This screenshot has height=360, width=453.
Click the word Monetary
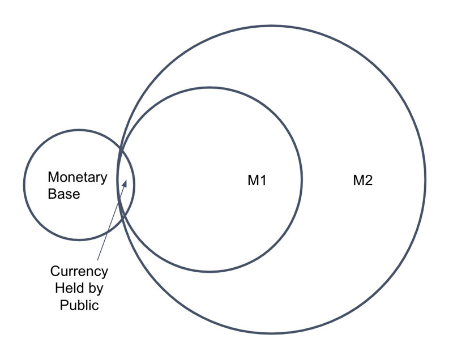click(78, 177)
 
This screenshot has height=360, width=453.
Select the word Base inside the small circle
click(64, 194)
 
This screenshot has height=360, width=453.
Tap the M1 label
click(257, 181)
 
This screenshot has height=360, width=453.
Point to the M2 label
click(363, 181)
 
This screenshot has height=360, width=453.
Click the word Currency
click(79, 271)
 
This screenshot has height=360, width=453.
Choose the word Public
click(79, 305)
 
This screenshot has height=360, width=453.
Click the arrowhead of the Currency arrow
click(125, 182)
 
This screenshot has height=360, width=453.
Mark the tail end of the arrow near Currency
click(97, 260)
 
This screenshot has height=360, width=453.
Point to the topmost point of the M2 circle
click(271, 25)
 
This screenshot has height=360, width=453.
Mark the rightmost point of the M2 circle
click(425, 179)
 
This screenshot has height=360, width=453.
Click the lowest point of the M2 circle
click(271, 333)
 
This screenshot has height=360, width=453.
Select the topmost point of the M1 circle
click(210, 87)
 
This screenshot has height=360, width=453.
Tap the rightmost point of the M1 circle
click(302, 179)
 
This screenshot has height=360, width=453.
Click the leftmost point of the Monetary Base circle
click(24, 185)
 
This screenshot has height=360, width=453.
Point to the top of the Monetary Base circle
click(79, 130)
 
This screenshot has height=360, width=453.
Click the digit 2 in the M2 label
click(368, 181)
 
